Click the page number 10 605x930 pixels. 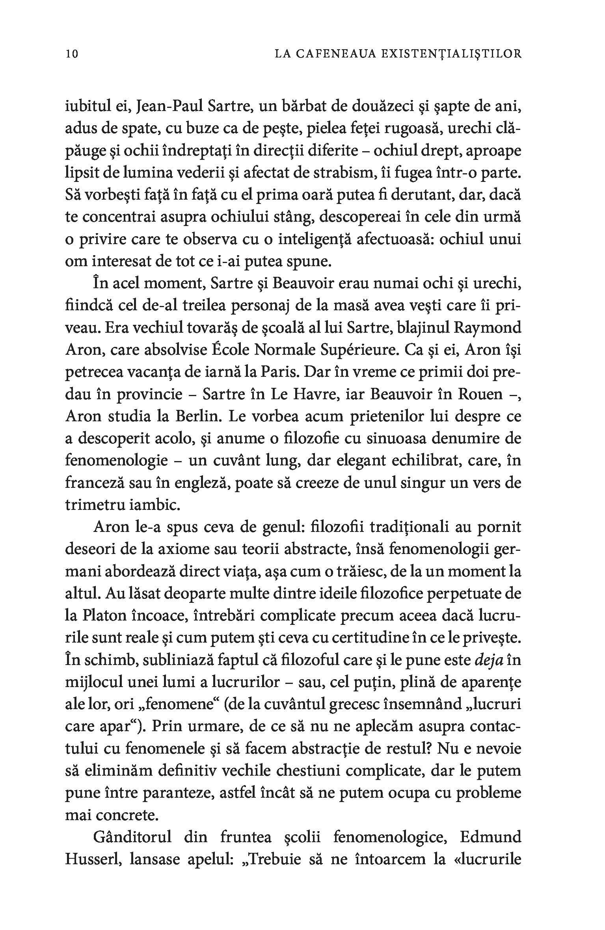72,54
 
